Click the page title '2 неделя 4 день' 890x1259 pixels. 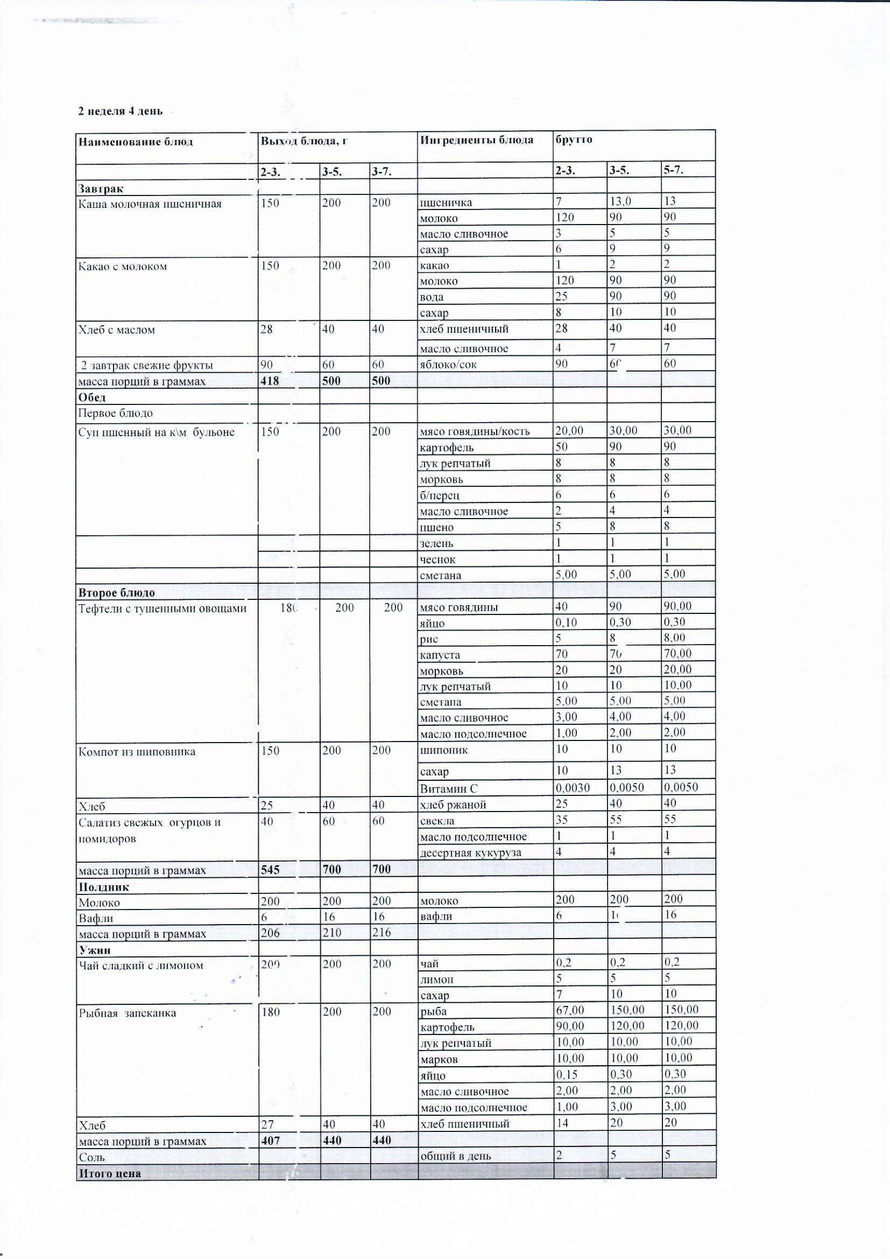120,111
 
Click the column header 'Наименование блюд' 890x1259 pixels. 136,142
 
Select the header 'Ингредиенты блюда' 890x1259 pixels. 476,140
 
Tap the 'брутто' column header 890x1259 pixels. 573,139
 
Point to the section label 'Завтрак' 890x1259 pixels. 100,188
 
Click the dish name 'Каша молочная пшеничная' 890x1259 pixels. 150,204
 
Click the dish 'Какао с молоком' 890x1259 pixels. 122,267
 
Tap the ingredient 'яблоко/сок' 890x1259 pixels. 448,364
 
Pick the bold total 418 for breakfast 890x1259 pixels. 270,381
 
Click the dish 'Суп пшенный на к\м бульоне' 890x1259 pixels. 156,432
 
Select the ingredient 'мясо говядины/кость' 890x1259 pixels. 475,431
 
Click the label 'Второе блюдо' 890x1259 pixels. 116,592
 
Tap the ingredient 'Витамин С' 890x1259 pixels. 448,788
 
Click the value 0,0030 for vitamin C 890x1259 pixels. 573,787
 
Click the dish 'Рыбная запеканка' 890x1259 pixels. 127,1013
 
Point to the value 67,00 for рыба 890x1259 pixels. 570,1010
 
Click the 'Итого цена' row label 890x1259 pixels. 110,1173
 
